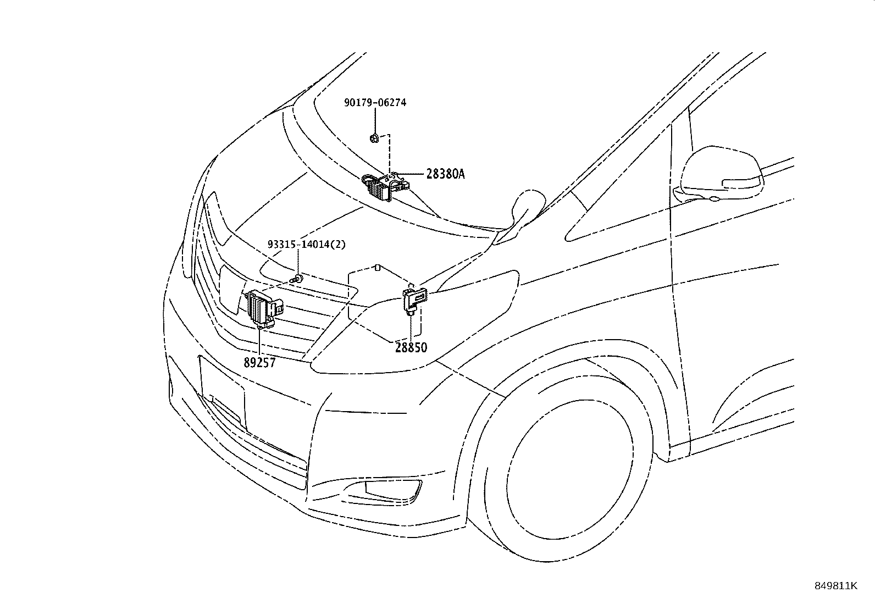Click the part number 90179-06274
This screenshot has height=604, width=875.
tap(375, 102)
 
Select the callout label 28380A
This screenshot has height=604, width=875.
tap(445, 174)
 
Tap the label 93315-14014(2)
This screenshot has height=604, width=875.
tap(307, 245)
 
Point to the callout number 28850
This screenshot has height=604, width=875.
tap(411, 347)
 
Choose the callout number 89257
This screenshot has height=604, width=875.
tap(260, 363)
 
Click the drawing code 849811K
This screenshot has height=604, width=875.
tap(835, 586)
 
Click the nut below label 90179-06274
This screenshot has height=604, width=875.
tap(374, 138)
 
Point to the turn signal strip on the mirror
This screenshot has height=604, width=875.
tap(741, 183)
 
